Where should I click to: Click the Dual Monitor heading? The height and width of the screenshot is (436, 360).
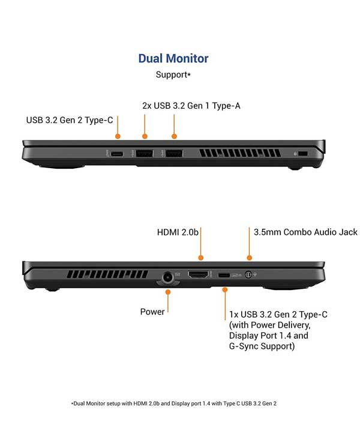pyautogui.click(x=173, y=59)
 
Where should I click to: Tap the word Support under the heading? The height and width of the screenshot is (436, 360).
pyautogui.click(x=172, y=75)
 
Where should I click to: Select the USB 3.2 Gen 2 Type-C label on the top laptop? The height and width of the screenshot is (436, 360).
pyautogui.click(x=70, y=120)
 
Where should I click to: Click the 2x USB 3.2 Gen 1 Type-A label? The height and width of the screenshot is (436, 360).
pyautogui.click(x=191, y=106)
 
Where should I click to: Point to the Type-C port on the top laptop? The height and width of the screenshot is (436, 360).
pyautogui.click(x=117, y=154)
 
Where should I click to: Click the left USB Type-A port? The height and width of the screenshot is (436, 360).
pyautogui.click(x=144, y=153)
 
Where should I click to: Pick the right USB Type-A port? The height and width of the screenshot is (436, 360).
pyautogui.click(x=174, y=153)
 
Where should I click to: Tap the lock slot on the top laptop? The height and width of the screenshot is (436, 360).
pyautogui.click(x=303, y=154)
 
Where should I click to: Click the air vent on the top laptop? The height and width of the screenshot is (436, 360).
pyautogui.click(x=240, y=153)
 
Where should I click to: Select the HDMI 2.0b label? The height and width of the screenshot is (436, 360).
pyautogui.click(x=178, y=232)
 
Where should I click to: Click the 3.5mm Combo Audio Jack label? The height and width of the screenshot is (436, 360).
pyautogui.click(x=305, y=232)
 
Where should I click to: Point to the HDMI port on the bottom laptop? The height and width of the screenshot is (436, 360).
pyautogui.click(x=199, y=274)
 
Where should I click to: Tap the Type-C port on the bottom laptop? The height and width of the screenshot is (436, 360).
pyautogui.click(x=224, y=275)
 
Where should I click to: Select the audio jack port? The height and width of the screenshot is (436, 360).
pyautogui.click(x=248, y=274)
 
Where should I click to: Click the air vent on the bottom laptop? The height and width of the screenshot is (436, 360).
pyautogui.click(x=107, y=274)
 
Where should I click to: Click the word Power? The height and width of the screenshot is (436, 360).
pyautogui.click(x=152, y=312)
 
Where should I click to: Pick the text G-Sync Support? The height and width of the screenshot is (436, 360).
pyautogui.click(x=262, y=347)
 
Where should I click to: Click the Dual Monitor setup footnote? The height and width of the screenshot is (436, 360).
pyautogui.click(x=174, y=404)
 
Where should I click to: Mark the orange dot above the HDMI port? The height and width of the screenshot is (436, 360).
pyautogui.click(x=201, y=258)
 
